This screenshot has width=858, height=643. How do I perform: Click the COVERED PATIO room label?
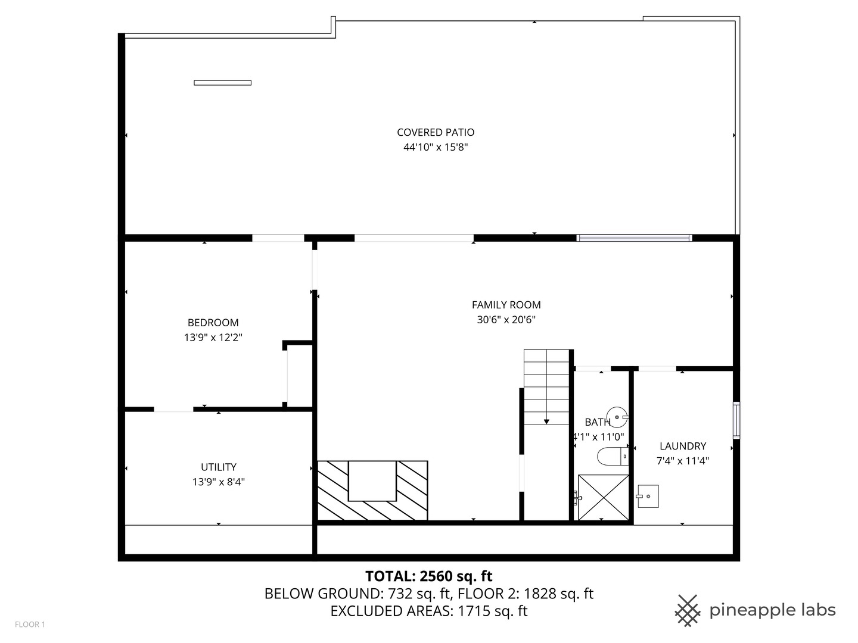[436, 132]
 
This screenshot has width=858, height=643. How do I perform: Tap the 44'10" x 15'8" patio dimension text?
[436, 147]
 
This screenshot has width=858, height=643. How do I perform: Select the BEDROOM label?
[213, 323]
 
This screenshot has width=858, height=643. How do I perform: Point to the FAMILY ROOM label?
[506, 305]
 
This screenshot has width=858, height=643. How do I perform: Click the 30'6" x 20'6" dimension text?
[506, 320]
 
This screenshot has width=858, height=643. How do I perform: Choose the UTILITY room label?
[218, 467]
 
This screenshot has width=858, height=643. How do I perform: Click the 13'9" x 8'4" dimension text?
[218, 482]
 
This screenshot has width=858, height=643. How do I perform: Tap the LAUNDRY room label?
[682, 446]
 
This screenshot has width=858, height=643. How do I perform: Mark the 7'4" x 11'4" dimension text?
[682, 461]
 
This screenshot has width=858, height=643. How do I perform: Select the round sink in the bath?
[616, 415]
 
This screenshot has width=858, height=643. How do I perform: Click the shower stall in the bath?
[603, 497]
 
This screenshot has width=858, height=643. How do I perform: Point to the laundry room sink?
[648, 496]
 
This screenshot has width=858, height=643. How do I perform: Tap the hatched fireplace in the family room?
[372, 489]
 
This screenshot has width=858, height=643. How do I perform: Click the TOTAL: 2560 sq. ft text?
[428, 576]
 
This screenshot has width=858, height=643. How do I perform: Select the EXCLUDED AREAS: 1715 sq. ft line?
[428, 611]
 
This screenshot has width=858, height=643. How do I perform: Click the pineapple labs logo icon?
[687, 610]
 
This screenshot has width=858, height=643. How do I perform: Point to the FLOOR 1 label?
[30, 625]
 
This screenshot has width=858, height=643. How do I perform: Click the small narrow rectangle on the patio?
[222, 83]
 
